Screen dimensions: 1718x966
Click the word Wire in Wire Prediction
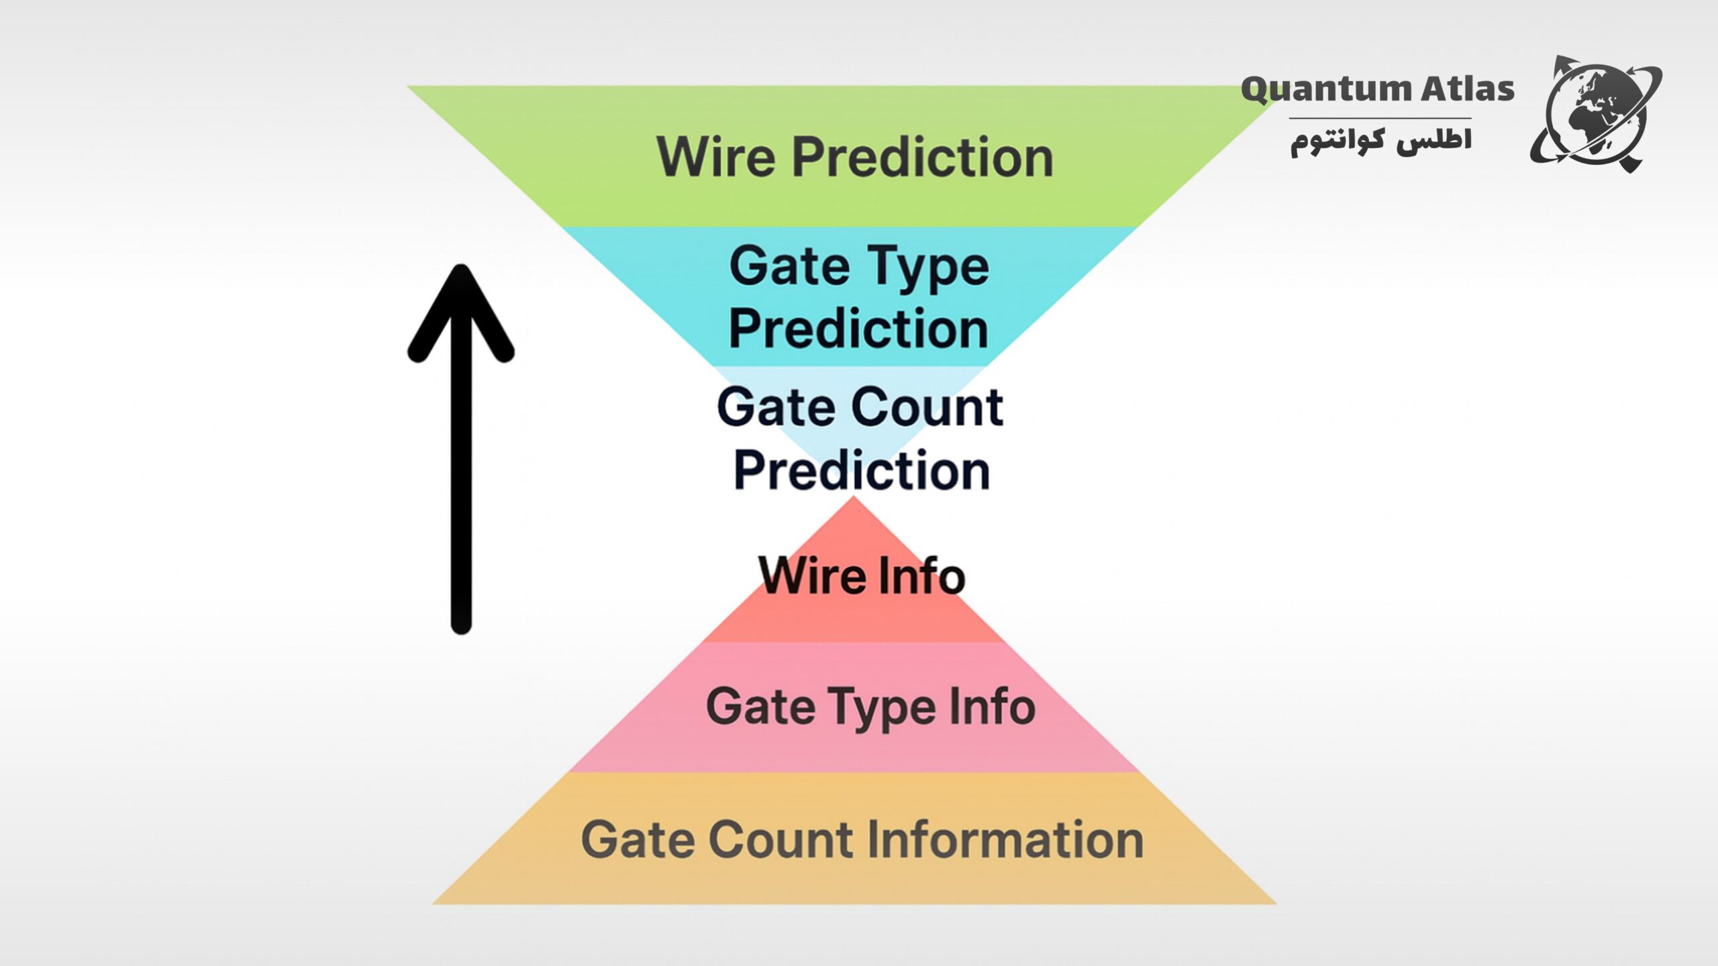click(716, 156)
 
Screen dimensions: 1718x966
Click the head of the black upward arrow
click(461, 268)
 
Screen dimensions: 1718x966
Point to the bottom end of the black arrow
click(461, 631)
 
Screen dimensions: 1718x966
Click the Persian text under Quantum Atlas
click(1381, 140)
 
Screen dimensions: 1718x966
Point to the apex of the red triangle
click(854, 497)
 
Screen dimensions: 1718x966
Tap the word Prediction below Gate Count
click(862, 470)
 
